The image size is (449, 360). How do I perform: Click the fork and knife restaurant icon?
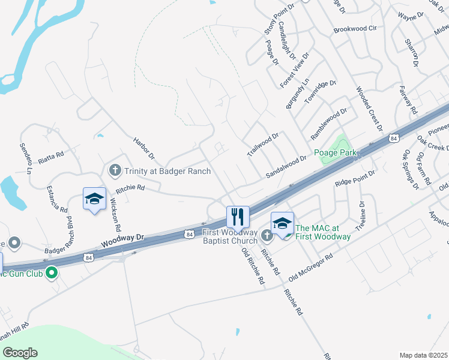pyautogui.click(x=238, y=216)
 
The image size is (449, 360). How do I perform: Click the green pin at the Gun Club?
pyautogui.click(x=52, y=273)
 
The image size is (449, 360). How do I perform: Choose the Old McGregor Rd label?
pyautogui.click(x=310, y=266)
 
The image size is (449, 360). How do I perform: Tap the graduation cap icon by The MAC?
pyautogui.click(x=282, y=223)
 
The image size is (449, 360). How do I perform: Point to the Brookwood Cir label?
pyautogui.click(x=354, y=28)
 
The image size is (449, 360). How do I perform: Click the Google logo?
pyautogui.click(x=20, y=353)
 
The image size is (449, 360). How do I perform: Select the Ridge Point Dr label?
pyautogui.click(x=355, y=177)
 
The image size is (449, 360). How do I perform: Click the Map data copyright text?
pyautogui.click(x=423, y=355)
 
